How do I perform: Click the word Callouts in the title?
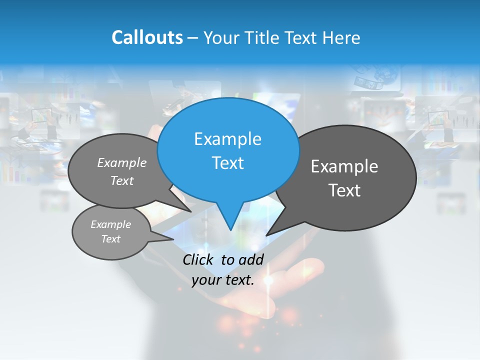[147, 37]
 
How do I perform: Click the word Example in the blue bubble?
[227, 139]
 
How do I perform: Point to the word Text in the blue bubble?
[227, 163]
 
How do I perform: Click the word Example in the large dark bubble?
[344, 166]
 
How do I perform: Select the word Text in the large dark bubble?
[344, 190]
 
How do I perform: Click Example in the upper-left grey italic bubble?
[122, 162]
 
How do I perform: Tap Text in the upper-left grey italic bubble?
[122, 180]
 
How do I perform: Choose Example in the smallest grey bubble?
[110, 224]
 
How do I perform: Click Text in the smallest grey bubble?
[110, 239]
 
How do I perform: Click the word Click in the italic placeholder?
[199, 259]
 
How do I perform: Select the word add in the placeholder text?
[251, 259]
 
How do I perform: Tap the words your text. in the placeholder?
[222, 280]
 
